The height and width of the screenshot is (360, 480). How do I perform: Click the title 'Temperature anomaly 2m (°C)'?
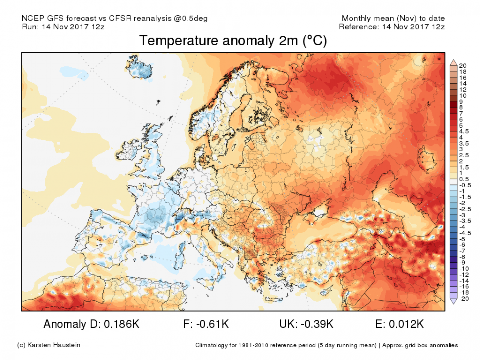233,41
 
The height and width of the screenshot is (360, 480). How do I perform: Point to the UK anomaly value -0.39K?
314,324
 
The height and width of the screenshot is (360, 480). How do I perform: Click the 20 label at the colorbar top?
463,65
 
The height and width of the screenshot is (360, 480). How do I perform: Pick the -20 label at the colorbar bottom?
463,299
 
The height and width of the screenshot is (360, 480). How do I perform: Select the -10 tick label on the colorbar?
463,269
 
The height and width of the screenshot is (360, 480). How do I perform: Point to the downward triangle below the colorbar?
453,301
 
